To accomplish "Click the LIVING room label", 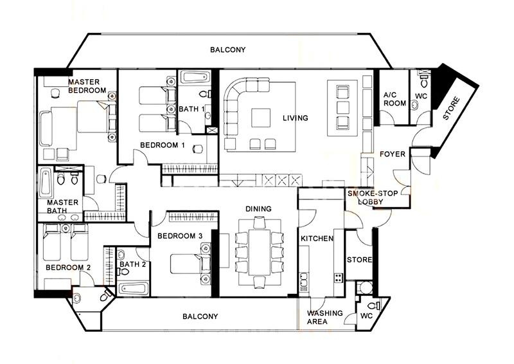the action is point(296,118).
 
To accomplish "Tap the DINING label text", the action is point(259,209).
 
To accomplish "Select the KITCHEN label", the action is point(317,239).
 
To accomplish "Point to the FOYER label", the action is point(393,154).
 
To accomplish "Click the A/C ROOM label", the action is point(394,99).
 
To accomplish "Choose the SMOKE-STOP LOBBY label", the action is point(373,197).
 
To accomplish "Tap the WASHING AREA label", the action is point(325,318).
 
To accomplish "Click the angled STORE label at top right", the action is point(452,108).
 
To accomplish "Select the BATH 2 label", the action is point(132,264).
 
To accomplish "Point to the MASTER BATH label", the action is point(62,206).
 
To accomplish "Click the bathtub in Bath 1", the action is point(195,77).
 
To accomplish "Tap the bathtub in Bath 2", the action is point(133,289).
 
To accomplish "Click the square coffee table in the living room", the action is point(261,118).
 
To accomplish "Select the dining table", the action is point(260,252).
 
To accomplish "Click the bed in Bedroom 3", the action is point(186,264).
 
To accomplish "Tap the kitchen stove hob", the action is point(339,278).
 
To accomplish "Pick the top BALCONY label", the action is point(228,50).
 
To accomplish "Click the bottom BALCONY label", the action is point(200,316).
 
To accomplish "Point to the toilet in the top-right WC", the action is point(424,81).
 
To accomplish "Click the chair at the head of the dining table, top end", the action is point(259,223).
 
